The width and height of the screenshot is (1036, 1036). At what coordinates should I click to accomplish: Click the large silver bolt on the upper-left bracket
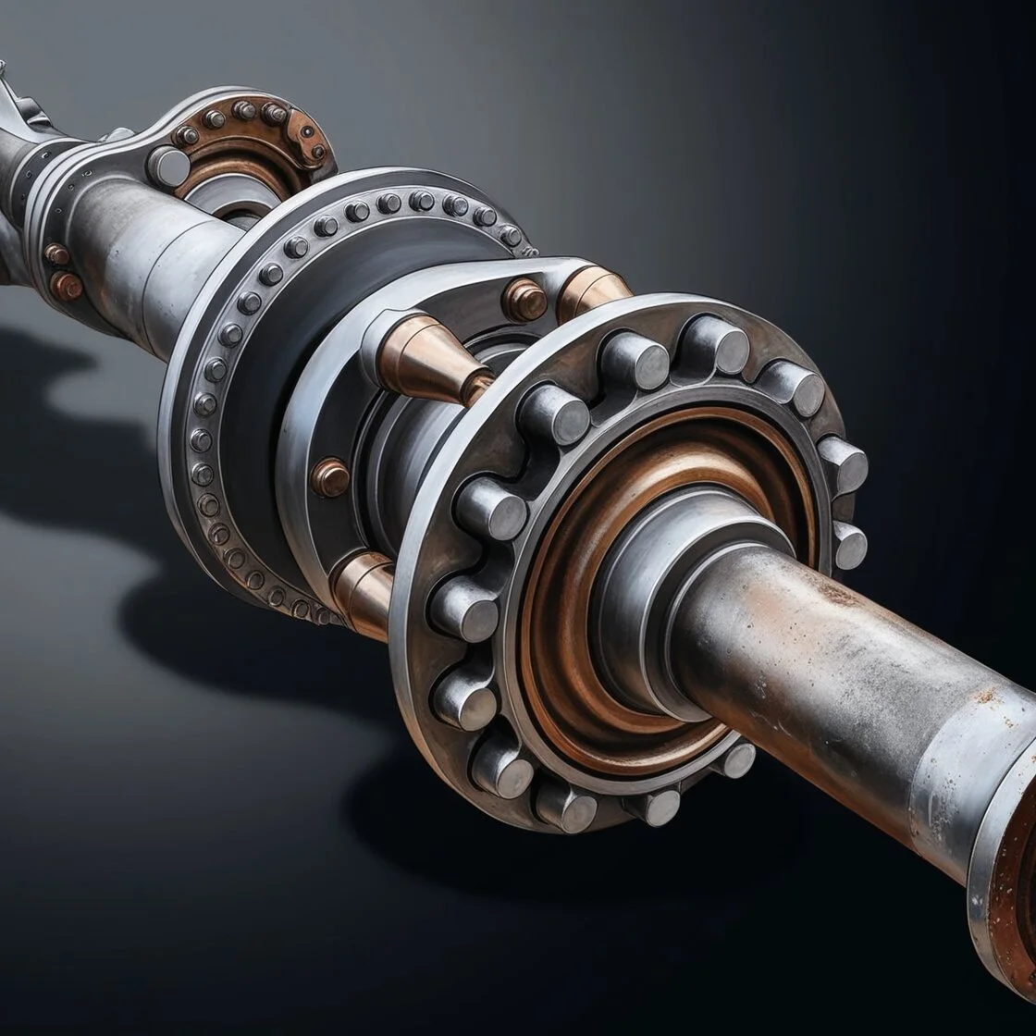(168, 166)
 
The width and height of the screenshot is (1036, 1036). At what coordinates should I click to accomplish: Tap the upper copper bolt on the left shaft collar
(57, 254)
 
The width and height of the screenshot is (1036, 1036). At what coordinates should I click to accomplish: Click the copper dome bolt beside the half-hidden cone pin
(524, 299)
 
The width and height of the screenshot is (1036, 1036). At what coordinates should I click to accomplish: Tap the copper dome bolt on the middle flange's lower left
(330, 477)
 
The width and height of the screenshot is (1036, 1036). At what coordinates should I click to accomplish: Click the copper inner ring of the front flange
(555, 610)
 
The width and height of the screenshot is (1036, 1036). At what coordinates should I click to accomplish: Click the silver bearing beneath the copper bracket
(222, 199)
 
